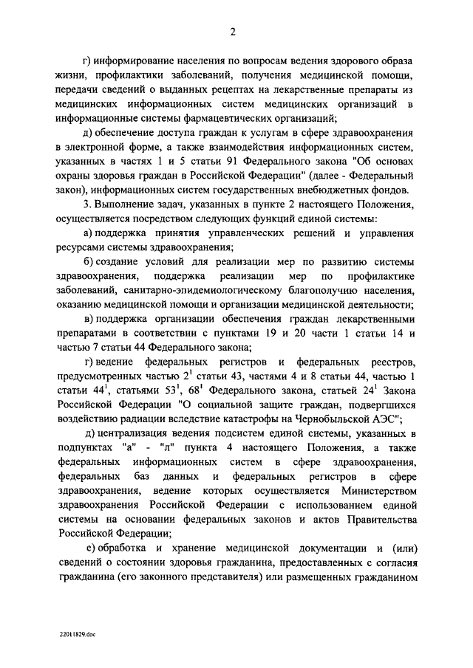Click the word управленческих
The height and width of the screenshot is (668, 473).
[236, 235]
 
